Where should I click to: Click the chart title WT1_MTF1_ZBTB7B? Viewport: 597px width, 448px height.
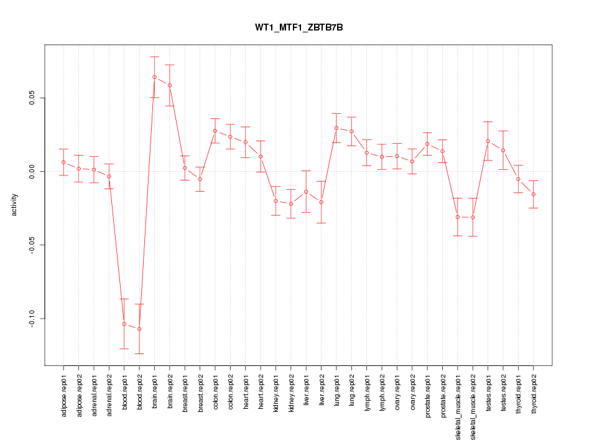(x=298, y=28)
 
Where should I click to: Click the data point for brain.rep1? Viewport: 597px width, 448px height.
(x=154, y=77)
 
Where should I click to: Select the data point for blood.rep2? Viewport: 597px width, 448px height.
(x=139, y=329)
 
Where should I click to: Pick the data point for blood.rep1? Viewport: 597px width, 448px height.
(x=124, y=324)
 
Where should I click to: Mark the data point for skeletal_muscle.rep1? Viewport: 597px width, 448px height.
(x=458, y=217)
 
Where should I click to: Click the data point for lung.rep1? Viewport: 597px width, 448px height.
(x=336, y=128)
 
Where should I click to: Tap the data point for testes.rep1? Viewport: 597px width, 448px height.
(x=488, y=141)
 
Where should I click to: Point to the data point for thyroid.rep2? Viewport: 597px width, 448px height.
(x=534, y=194)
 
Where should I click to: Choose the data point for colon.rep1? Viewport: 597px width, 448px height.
(x=215, y=131)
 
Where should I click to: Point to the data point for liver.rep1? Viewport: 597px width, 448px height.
(x=306, y=192)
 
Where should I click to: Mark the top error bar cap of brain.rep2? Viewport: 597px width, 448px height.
(x=170, y=65)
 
